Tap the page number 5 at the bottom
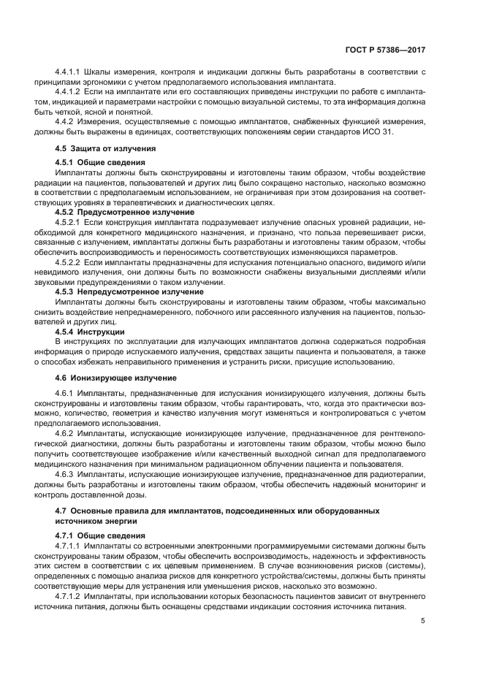click(x=423, y=621)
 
